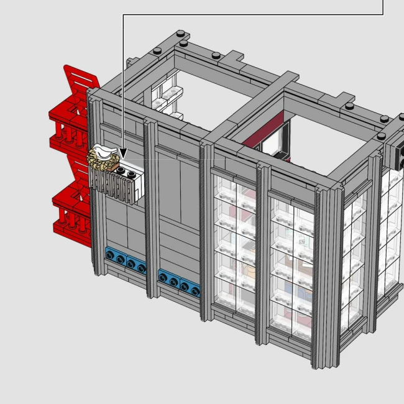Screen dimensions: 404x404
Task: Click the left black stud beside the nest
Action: click(x=121, y=171)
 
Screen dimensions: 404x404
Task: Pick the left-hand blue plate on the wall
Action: click(x=126, y=260)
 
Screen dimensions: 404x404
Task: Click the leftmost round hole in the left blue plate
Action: click(x=111, y=255)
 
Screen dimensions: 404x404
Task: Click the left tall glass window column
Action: click(x=234, y=249)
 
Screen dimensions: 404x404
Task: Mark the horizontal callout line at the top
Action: click(x=249, y=14)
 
